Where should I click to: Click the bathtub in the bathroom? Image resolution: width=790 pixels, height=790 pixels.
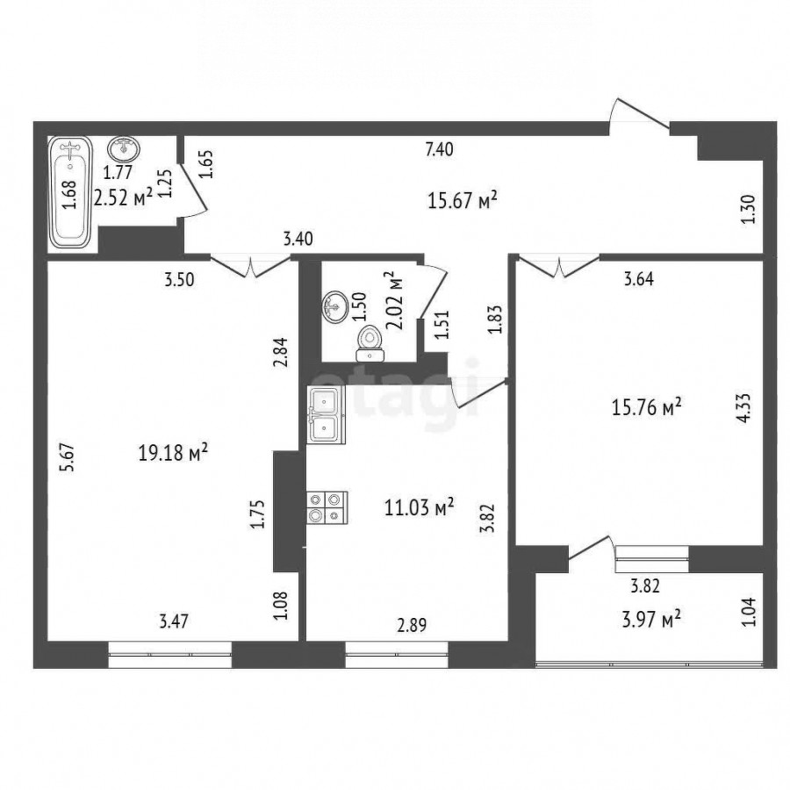click(70, 192)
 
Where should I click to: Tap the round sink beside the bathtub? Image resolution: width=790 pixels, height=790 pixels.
click(124, 149)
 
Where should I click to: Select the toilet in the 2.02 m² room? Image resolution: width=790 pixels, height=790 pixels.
click(370, 343)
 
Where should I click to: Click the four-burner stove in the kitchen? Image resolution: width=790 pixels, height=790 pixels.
click(327, 506)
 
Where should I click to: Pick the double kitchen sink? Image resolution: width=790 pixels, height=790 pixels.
click(326, 415)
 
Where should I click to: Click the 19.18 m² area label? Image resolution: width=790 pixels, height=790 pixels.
click(173, 452)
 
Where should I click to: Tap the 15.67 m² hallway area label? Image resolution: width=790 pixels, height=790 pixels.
click(463, 199)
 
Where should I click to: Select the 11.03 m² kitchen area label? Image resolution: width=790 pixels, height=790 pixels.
click(420, 506)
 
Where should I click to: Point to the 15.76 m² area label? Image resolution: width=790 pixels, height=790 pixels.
click(647, 406)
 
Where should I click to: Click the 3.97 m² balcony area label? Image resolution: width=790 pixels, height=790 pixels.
click(651, 619)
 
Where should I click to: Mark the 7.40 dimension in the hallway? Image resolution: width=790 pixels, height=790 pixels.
click(440, 149)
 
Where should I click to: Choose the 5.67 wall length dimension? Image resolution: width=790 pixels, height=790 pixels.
click(68, 457)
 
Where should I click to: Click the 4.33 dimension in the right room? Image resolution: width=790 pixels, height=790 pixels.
click(743, 407)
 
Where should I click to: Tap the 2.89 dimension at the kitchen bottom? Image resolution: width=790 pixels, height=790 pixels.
click(412, 625)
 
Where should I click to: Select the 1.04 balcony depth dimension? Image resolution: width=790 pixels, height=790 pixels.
click(750, 611)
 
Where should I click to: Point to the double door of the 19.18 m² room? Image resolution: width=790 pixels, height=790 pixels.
click(250, 266)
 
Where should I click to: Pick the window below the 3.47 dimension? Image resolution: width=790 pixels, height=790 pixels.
click(170, 655)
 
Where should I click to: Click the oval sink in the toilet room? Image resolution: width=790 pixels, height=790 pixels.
click(334, 306)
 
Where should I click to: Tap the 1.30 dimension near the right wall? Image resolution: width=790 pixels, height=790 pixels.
click(750, 210)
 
